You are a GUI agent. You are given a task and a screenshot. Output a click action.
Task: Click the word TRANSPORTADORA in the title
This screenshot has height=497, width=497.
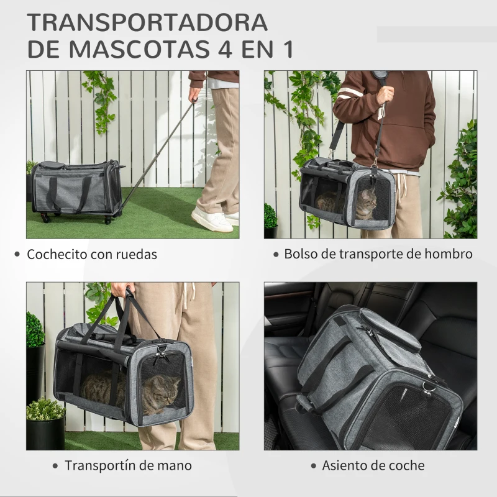147,22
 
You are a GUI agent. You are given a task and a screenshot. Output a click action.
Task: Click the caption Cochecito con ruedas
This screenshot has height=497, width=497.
91,254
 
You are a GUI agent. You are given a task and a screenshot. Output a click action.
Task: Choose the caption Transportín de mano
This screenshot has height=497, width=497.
129,465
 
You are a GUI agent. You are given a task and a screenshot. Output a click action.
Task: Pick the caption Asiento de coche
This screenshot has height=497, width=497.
373,465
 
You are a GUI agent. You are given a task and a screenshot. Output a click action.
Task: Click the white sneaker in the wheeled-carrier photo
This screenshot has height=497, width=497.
212,220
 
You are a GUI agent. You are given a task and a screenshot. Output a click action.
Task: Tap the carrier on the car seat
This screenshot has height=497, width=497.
373,379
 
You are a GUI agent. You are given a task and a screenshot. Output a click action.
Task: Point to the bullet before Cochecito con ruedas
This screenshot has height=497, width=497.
17,254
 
